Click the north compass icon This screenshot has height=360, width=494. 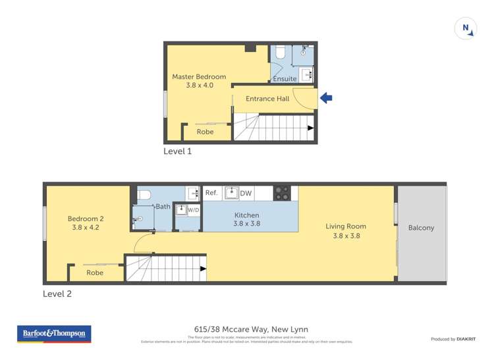tap(466, 28)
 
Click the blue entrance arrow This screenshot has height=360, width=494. tap(325, 99)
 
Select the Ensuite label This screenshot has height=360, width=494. tap(285, 79)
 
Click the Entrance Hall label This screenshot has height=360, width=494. tap(267, 99)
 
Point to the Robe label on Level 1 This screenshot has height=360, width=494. tap(206, 132)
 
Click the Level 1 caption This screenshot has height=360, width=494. tap(177, 151)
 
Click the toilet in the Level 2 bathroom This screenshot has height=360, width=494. tap(144, 195)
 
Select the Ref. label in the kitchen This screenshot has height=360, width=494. tap(211, 193)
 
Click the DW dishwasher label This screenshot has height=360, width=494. tap(246, 193)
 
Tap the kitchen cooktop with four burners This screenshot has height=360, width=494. tap(282, 193)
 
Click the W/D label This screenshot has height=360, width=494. tap(193, 210)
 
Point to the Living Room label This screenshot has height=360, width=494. tap(346, 230)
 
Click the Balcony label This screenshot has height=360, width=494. tap(421, 228)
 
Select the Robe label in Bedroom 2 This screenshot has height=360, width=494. tap(95, 272)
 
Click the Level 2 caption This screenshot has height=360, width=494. tap(57, 294)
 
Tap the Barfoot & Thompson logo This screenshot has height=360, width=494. tap(54, 334)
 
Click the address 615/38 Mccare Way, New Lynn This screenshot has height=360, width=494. tap(248, 330)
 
